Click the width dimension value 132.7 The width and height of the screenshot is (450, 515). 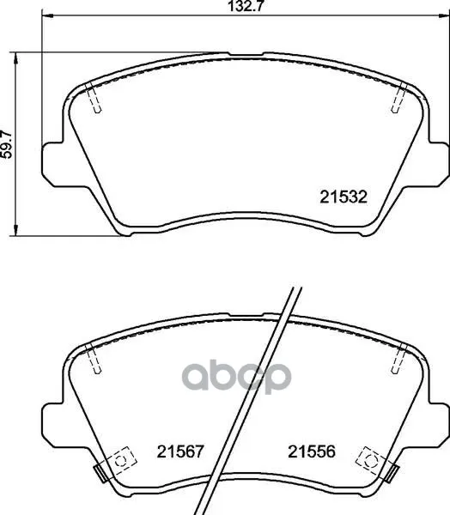click(246, 6)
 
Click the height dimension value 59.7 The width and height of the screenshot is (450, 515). click(6, 144)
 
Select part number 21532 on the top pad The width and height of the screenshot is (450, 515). click(344, 197)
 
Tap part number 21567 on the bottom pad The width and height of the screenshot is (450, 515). click(180, 451)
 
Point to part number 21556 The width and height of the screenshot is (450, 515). click(311, 451)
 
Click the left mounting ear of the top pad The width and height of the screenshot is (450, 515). click(52, 164)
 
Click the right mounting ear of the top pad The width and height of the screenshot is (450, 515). click(439, 164)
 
